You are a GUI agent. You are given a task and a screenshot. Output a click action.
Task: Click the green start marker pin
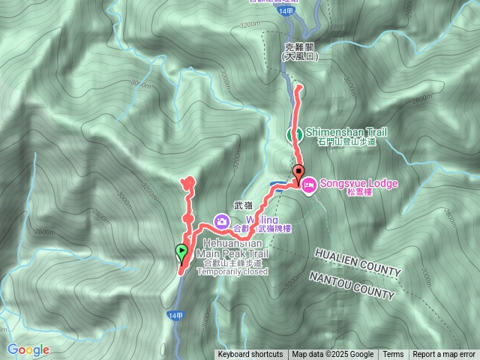[x=181, y=253]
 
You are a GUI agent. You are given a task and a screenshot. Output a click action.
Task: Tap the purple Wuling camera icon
[x=221, y=220]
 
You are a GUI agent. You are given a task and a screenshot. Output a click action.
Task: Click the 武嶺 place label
[x=242, y=204]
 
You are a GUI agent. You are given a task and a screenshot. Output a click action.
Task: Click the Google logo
[x=28, y=349]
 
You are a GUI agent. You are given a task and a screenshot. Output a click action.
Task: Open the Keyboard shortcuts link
[x=250, y=355]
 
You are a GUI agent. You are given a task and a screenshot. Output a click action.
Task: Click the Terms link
[x=393, y=355]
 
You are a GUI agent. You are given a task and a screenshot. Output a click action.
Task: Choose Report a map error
[x=444, y=355]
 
